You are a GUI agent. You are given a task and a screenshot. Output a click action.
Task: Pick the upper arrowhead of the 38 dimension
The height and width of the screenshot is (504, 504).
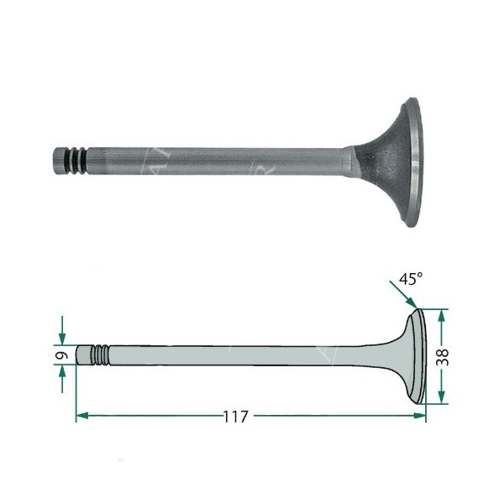click(443, 313)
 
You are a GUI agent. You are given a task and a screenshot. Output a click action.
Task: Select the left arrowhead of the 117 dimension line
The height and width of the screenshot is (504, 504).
click(82, 416)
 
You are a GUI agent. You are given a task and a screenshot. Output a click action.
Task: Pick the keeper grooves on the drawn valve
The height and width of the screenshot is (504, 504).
click(100, 354)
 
